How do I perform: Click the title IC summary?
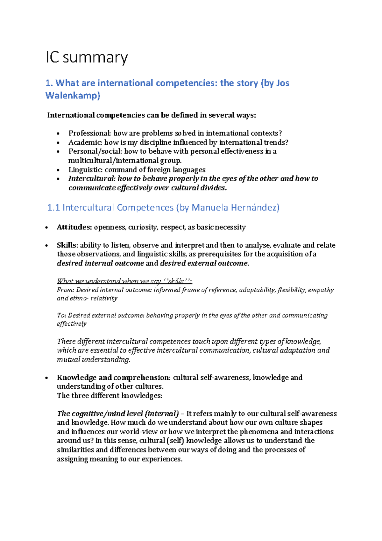click(x=87, y=58)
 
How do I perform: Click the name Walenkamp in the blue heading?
click(x=73, y=95)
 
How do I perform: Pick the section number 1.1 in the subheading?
click(x=53, y=208)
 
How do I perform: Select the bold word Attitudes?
click(x=74, y=227)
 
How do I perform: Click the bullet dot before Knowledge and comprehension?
click(x=47, y=378)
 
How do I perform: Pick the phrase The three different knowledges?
click(x=110, y=396)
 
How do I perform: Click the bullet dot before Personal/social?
click(x=58, y=152)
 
